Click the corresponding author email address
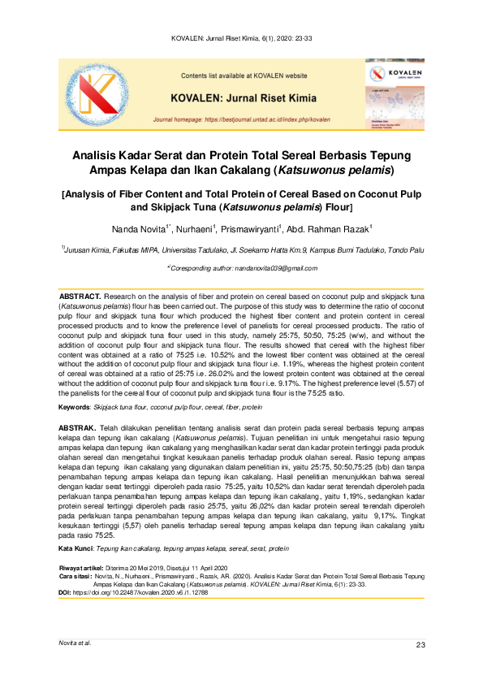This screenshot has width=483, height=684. [277, 267]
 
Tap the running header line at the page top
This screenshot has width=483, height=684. [241, 38]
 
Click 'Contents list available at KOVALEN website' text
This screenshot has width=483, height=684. [244, 76]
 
